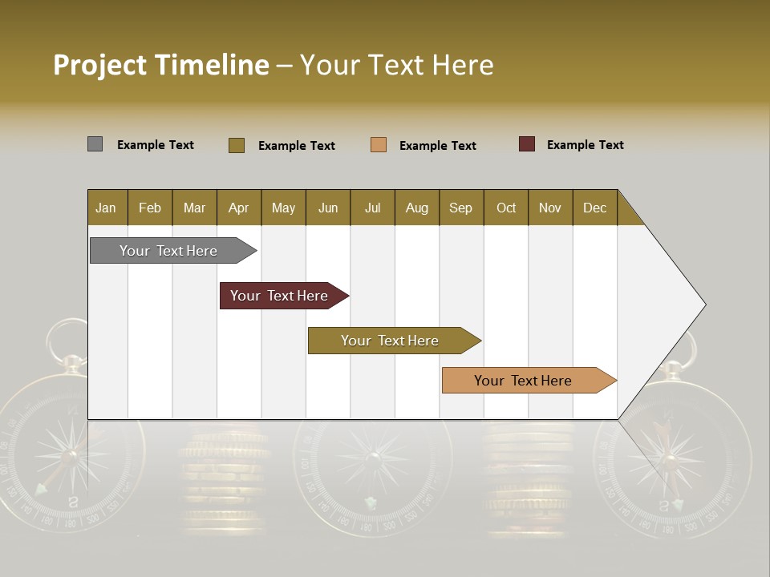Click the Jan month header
(107, 208)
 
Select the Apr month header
(239, 208)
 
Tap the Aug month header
(417, 208)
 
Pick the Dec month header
(595, 208)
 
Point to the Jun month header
(328, 208)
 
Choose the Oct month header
(506, 208)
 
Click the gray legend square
(95, 144)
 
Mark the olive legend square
(237, 145)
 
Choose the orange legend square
(379, 145)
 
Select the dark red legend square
(527, 144)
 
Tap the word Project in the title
(100, 65)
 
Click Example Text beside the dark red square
(585, 145)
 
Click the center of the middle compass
(372, 458)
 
